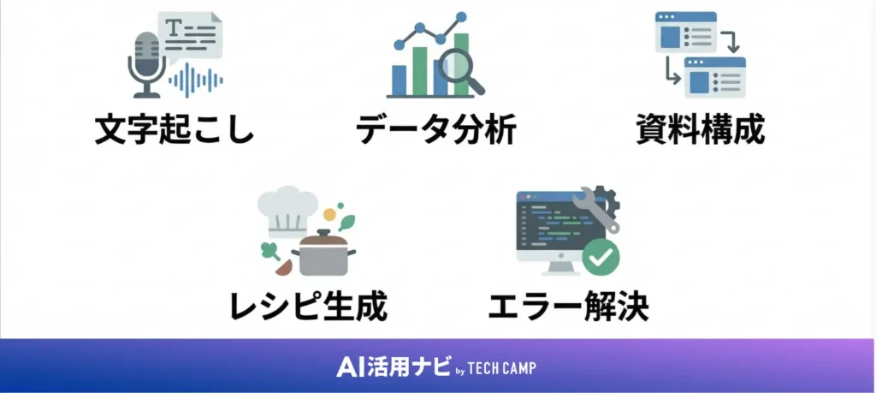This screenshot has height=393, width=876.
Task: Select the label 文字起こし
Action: (x=175, y=132)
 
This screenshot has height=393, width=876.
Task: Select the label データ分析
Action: (x=436, y=132)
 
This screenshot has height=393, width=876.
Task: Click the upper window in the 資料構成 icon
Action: (x=685, y=33)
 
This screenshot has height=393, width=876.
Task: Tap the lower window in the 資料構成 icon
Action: (x=715, y=78)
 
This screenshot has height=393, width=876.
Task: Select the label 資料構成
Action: (x=700, y=132)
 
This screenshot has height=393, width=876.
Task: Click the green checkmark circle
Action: (x=602, y=256)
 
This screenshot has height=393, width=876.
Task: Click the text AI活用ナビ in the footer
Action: (x=393, y=366)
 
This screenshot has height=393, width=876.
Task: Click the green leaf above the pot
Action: (x=346, y=223)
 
